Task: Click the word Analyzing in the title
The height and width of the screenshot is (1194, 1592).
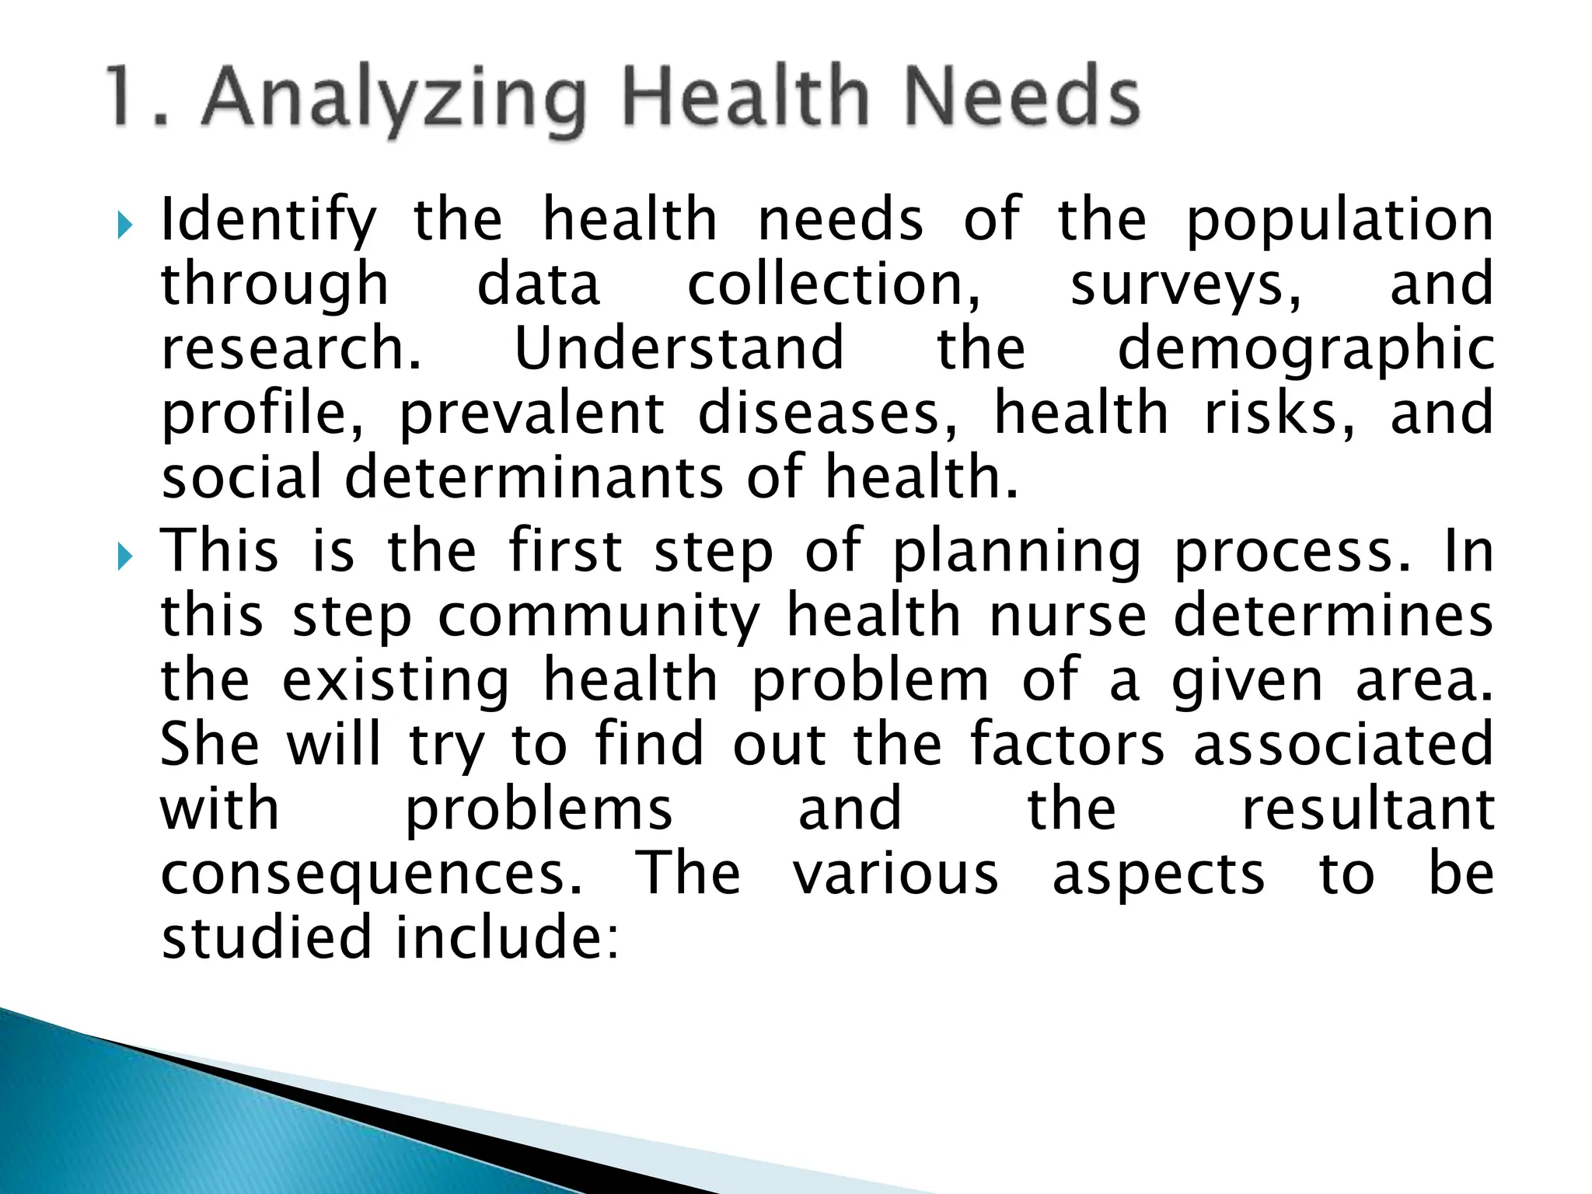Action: pyautogui.click(x=393, y=99)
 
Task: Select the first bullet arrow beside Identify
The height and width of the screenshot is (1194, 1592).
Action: pyautogui.click(x=124, y=226)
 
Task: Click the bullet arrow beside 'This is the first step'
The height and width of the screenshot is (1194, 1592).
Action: pyautogui.click(x=124, y=557)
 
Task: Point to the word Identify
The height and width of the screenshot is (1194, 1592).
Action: pyautogui.click(x=268, y=221)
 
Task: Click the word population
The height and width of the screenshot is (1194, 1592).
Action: pyautogui.click(x=1339, y=221)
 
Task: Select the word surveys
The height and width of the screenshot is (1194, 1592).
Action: pyautogui.click(x=1185, y=285)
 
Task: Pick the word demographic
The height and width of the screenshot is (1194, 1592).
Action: pyautogui.click(x=1305, y=350)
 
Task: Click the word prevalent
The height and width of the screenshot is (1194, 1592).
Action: pyautogui.click(x=532, y=414)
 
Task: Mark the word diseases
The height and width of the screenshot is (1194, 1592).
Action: pyautogui.click(x=829, y=414)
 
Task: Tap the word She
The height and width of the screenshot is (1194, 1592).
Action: pyautogui.click(x=210, y=745)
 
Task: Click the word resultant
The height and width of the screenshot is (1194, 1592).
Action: pyautogui.click(x=1367, y=809)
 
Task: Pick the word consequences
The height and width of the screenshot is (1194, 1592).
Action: pyautogui.click(x=372, y=875)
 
